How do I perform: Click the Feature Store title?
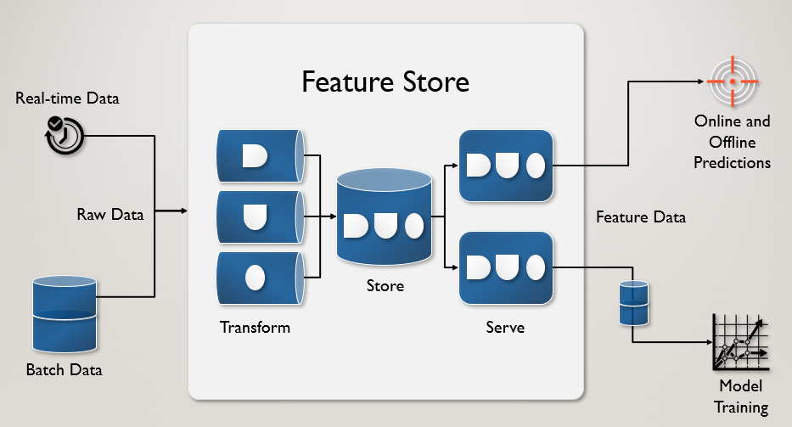point(385,81)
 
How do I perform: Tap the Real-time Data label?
point(67,98)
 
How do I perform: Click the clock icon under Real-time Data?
point(65,135)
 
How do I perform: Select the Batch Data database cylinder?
point(65,314)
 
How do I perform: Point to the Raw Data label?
point(110,214)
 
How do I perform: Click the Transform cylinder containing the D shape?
point(261,156)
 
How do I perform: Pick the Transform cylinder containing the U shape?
point(261,216)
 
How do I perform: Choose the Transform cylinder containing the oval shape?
point(261,278)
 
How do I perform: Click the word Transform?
point(255,328)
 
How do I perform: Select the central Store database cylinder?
point(385,216)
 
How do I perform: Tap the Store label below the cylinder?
point(385,286)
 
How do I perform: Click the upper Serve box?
point(506,166)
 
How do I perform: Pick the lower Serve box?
point(506,267)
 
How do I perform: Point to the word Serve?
point(505,328)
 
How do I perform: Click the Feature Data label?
point(641,217)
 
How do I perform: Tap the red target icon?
point(733,81)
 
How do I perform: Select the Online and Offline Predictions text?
point(733,142)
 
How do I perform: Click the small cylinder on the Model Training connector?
point(634,303)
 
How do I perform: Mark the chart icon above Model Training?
point(741,343)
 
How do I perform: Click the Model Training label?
point(741,396)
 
